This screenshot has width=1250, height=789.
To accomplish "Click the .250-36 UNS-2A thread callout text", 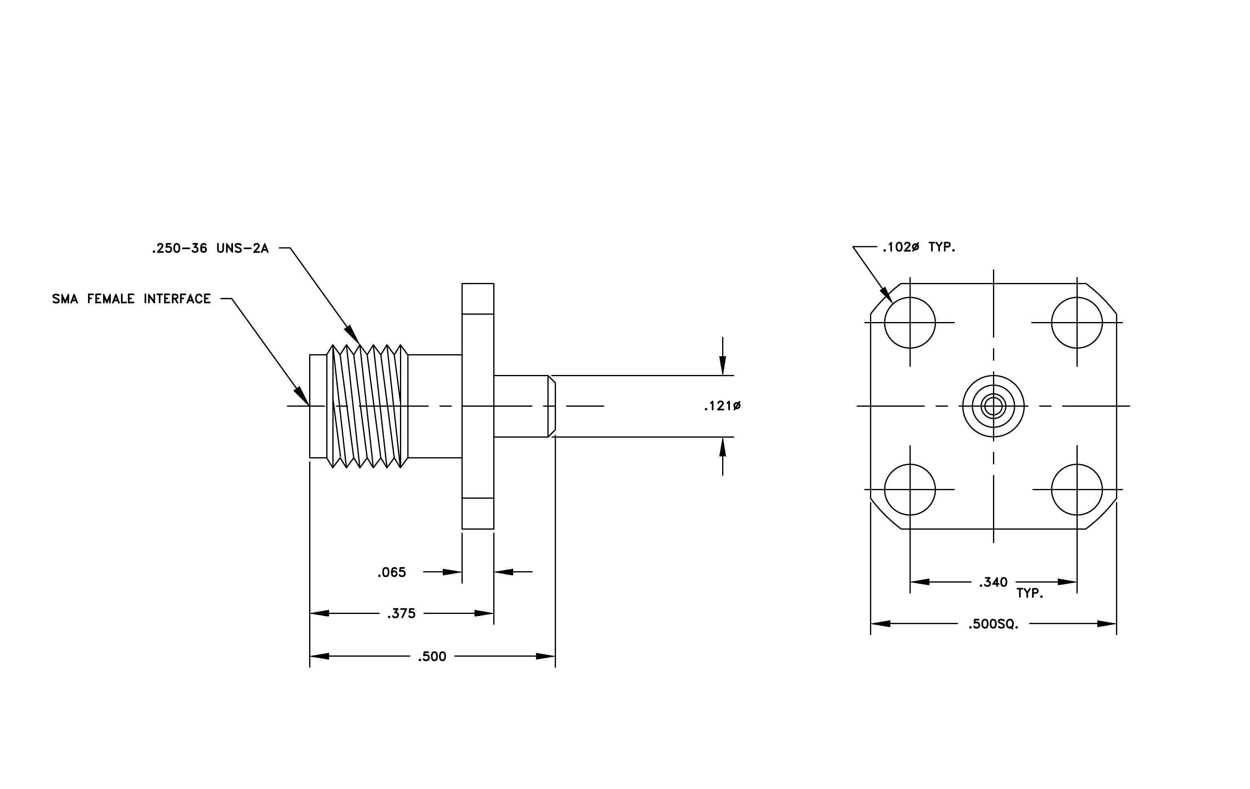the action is pos(210,248).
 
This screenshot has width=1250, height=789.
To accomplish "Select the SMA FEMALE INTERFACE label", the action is pos(131,299).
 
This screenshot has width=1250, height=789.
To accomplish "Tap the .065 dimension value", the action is pos(392,572).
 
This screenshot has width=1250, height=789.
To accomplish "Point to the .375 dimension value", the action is pos(401,614).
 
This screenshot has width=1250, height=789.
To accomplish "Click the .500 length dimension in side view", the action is pos(432,657).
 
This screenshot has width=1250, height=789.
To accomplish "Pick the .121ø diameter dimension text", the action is pos(722,406).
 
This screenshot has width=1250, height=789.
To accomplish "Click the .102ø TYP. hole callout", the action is pos(919,248).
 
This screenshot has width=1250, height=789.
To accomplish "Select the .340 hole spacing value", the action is pos(993,583).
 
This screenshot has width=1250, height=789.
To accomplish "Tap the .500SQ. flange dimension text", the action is pos(993,625).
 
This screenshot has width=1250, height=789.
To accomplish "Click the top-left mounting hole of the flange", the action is pos(910,323).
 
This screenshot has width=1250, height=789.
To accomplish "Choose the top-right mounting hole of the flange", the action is pos(1077,323).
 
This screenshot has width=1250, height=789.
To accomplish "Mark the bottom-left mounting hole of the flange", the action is pos(910,490).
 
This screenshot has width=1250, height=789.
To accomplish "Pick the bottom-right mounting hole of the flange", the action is pos(1077,490).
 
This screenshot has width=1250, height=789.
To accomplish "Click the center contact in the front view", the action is pos(993,406).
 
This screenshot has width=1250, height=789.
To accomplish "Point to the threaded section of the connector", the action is pos(367,406).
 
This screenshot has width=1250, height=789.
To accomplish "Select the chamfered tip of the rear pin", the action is pos(552,406).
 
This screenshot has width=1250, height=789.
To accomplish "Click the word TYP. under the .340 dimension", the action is pos(1030,594).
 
